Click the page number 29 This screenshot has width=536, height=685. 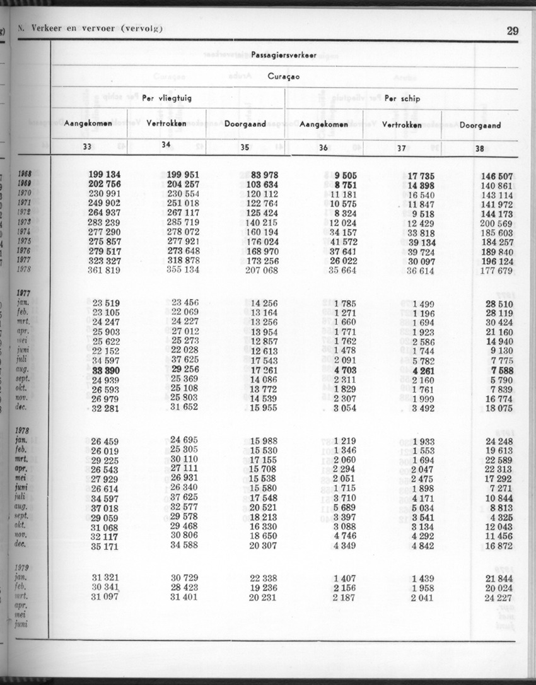[512, 31]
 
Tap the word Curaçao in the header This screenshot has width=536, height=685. [284, 76]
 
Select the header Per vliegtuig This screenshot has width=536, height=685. [167, 98]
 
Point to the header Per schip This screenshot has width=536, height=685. [402, 98]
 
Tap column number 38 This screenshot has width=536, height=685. [480, 149]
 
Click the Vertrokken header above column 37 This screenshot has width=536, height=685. [402, 124]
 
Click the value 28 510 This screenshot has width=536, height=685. [499, 304]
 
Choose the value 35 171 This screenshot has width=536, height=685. [105, 546]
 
